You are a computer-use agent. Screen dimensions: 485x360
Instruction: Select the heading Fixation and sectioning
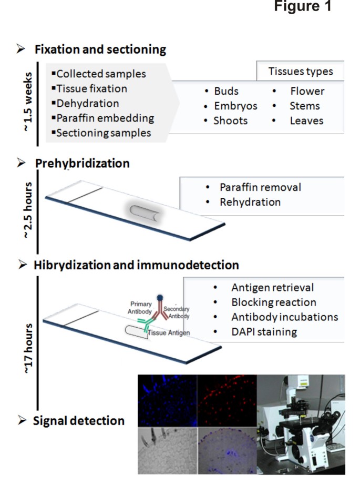click(100, 50)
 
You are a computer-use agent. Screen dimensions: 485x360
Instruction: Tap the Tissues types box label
click(300, 72)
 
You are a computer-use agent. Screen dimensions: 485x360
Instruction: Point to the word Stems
click(304, 106)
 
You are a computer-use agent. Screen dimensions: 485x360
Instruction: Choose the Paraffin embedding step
click(105, 118)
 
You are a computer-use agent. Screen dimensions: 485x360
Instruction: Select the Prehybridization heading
click(82, 163)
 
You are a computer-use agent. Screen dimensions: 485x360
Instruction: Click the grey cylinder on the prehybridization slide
click(145, 213)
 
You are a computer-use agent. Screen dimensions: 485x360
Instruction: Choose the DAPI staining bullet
click(264, 332)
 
